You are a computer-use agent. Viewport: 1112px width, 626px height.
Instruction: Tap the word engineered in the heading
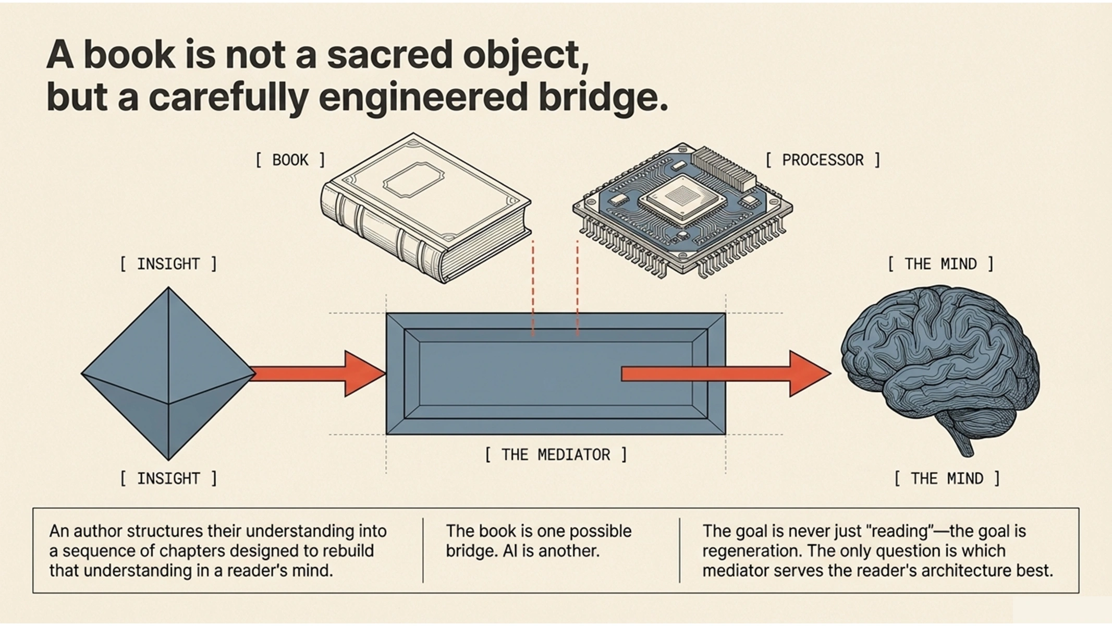[x=423, y=98]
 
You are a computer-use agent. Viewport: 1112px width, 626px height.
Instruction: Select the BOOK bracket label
[x=290, y=160]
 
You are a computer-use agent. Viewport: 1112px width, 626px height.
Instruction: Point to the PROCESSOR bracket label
[x=823, y=160]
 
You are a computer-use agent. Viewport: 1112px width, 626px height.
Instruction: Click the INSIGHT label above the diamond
[x=168, y=264]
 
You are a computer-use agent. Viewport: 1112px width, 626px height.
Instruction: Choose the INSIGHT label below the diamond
[x=168, y=478]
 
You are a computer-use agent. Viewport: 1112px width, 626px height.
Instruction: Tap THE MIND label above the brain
[x=940, y=264]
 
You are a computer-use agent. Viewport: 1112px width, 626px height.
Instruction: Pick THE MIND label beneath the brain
[x=947, y=478]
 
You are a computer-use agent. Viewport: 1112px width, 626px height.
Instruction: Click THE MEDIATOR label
[x=556, y=455]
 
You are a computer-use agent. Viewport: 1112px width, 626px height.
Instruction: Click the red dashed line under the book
[x=533, y=287]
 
